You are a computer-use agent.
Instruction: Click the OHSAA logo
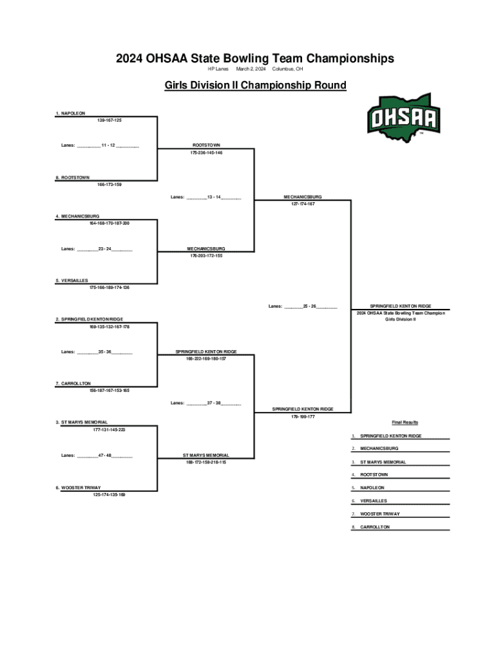(403, 118)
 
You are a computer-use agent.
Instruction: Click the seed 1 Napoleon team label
(70, 113)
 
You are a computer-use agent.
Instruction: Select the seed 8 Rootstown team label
(72, 177)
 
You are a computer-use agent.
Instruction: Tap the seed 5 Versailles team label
(72, 280)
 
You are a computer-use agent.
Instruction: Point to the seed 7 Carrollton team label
(73, 383)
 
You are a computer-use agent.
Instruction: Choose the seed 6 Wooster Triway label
(78, 487)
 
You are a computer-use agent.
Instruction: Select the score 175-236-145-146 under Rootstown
(206, 153)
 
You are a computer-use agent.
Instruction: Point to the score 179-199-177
(303, 416)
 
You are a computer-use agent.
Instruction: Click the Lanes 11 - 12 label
(100, 145)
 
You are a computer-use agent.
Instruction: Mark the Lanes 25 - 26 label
(303, 306)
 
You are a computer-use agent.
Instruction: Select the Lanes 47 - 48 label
(97, 455)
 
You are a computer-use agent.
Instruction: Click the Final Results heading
(405, 422)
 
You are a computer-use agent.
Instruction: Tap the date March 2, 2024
(251, 69)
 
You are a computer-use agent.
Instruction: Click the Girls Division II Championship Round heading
(255, 85)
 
